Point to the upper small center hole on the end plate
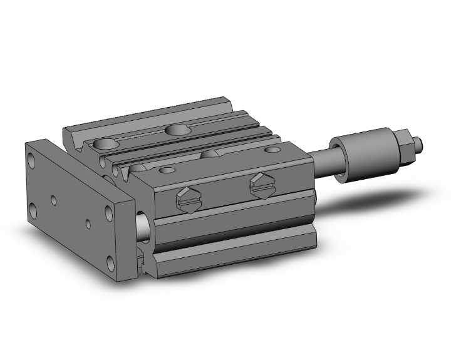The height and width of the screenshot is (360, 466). point(54,200)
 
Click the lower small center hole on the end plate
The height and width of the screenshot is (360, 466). point(88,223)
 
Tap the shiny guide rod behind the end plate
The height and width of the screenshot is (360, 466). point(143,228)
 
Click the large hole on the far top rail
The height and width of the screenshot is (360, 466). point(179,130)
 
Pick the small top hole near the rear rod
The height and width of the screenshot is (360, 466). point(273,150)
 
